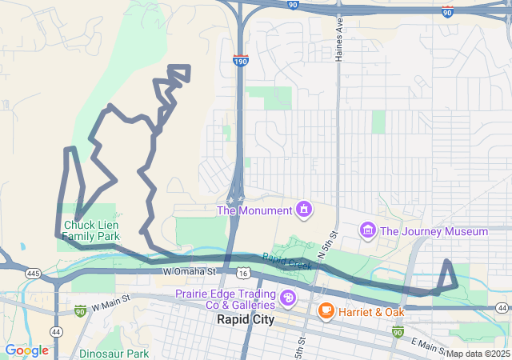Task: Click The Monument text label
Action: click(x=254, y=210)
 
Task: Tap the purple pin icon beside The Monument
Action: click(x=304, y=210)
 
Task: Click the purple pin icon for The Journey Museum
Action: click(x=368, y=231)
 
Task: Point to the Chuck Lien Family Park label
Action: click(x=90, y=230)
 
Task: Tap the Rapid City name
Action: click(x=246, y=319)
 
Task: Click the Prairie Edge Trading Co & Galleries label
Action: click(x=225, y=299)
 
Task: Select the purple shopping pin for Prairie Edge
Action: click(x=288, y=300)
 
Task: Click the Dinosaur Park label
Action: click(x=114, y=353)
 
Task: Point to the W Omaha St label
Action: click(x=190, y=272)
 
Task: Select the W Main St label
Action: click(x=111, y=306)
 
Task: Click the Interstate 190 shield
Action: click(x=240, y=60)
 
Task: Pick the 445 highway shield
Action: click(x=33, y=274)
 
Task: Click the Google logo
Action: click(x=26, y=350)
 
